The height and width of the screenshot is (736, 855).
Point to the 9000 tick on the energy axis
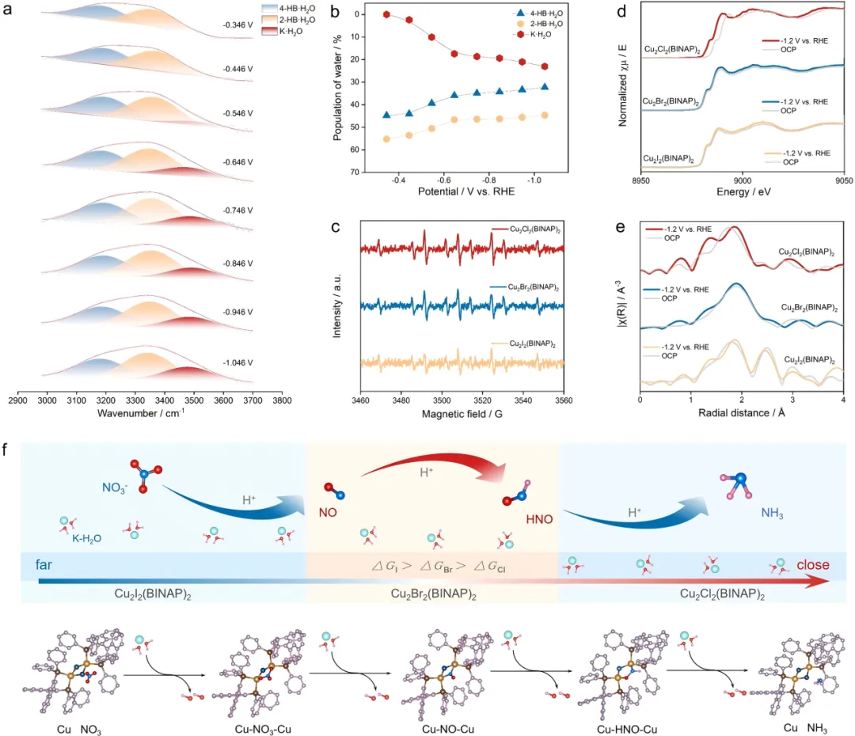[x=742, y=180]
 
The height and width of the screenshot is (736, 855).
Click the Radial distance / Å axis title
[x=741, y=412]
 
